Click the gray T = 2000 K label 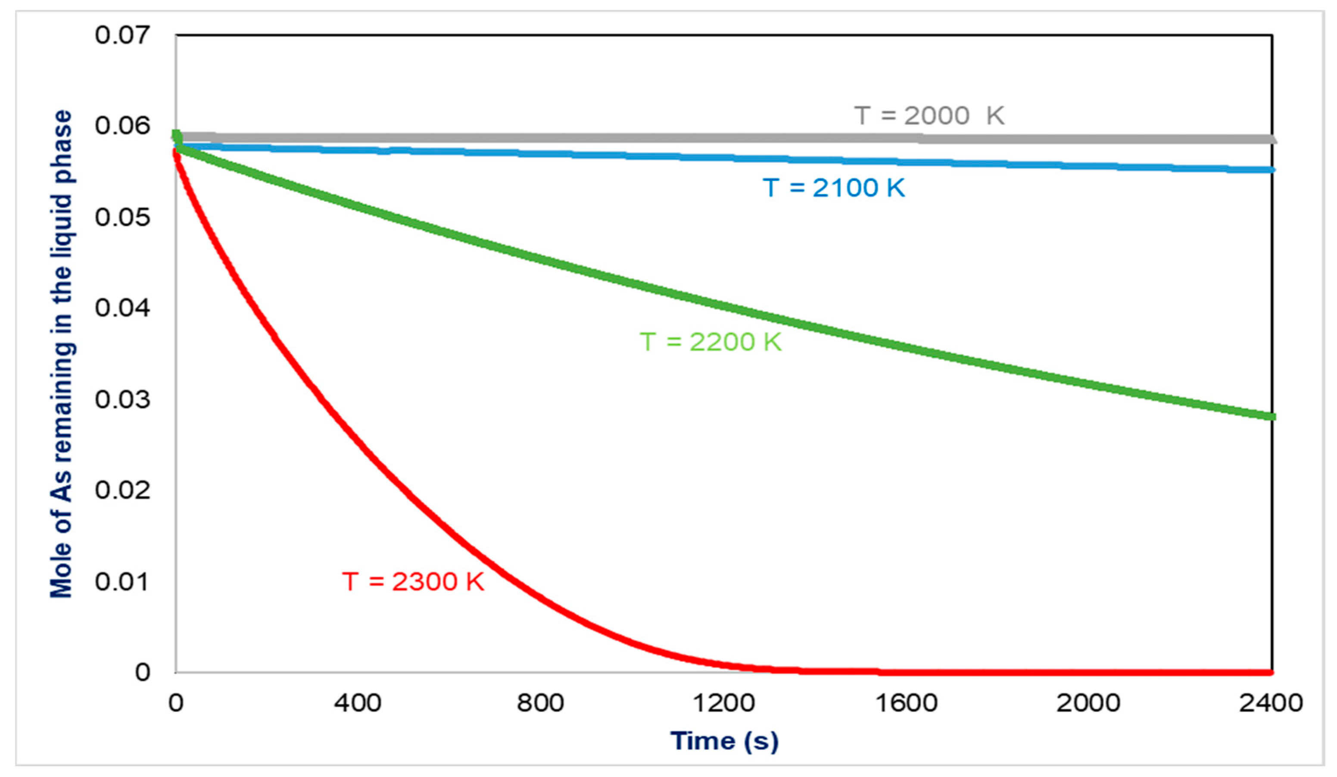click(x=929, y=115)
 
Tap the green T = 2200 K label click(x=711, y=341)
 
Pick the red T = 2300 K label click(x=413, y=581)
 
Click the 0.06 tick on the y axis click(x=122, y=126)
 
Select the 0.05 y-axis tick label click(x=122, y=217)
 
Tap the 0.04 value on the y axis click(x=122, y=308)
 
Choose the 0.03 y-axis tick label click(x=122, y=399)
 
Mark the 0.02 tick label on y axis click(x=122, y=490)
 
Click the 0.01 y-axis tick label click(x=122, y=581)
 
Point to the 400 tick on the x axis click(x=358, y=703)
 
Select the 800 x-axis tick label click(x=540, y=703)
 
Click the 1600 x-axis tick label click(x=906, y=703)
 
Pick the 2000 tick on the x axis click(x=1088, y=703)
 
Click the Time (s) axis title click(x=724, y=741)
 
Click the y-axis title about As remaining click(x=61, y=354)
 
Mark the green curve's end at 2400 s click(x=1271, y=417)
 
